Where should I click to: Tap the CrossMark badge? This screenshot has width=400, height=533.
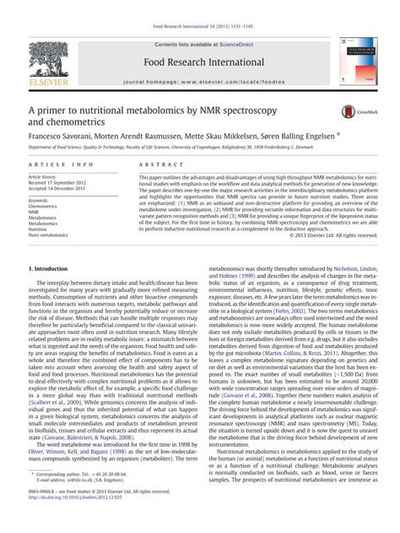click(352, 112)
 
